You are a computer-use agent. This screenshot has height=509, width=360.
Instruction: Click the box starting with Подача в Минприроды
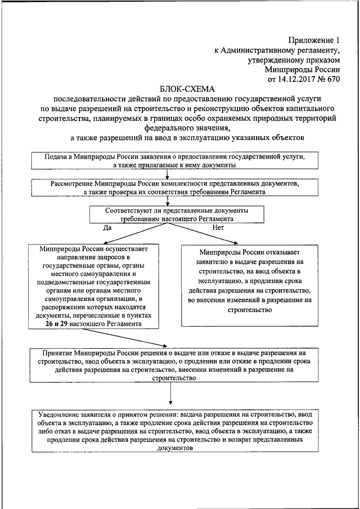click(x=180, y=161)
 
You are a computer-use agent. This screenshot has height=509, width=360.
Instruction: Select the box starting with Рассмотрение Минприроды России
click(x=180, y=187)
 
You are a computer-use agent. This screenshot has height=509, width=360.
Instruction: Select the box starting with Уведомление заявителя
click(x=180, y=430)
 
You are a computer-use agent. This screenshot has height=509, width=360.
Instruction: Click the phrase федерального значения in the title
click(x=181, y=128)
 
